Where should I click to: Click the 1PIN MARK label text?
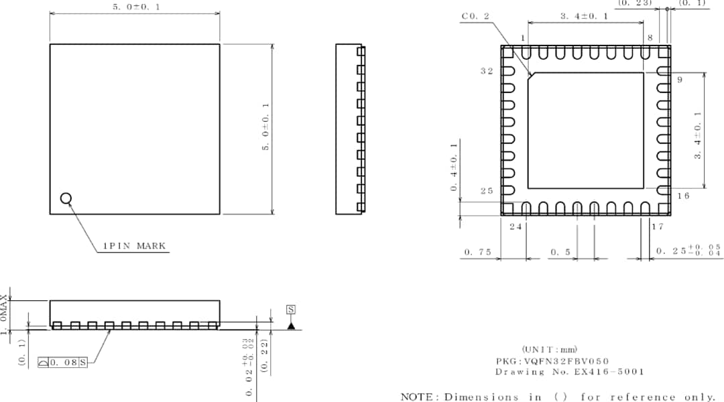133,246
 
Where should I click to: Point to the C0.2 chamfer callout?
476,16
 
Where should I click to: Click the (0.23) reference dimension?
634,3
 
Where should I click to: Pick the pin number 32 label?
487,71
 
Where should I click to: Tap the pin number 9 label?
679,80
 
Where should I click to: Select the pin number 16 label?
683,196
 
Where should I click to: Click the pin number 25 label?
487,191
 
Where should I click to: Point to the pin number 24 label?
516,226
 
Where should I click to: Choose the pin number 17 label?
658,226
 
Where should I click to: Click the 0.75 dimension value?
477,252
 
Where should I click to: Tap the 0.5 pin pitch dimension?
560,252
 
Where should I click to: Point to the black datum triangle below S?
291,325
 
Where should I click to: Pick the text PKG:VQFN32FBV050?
552,360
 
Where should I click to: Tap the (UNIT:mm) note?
549,349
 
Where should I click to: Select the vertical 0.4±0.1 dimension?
455,167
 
